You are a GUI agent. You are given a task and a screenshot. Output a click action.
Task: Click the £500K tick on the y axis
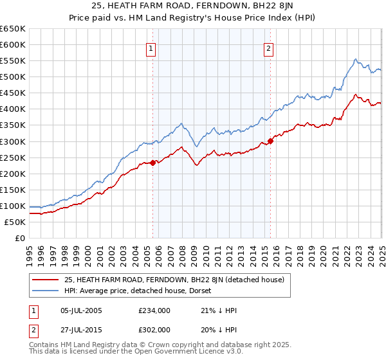pos(13,76)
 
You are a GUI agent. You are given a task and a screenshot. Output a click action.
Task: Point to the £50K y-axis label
pos(15,222)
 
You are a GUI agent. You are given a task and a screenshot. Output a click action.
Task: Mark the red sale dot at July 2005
pos(153,163)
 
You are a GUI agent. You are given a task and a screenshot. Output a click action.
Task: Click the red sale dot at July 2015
pos(271,141)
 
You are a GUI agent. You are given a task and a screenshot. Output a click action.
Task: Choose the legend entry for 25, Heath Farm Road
pos(178,280)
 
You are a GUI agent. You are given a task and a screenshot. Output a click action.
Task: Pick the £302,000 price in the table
pos(154,328)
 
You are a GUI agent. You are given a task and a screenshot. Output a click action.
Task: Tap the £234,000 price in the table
pos(154,310)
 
